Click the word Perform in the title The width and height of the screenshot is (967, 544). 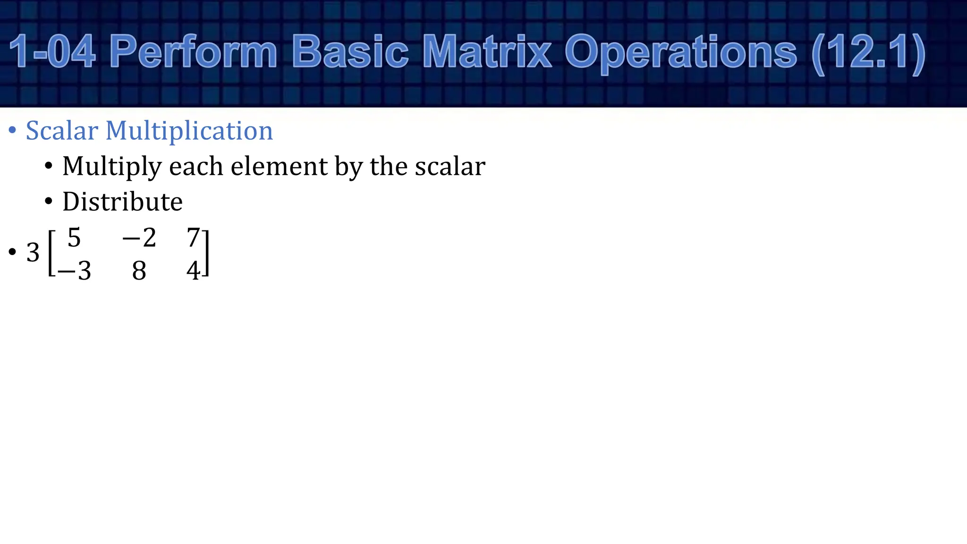click(x=193, y=52)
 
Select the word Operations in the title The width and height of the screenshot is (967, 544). click(x=680, y=52)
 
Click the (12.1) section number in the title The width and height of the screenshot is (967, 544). click(x=868, y=52)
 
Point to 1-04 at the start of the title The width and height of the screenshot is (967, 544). click(x=52, y=52)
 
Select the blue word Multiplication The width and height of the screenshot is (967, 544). click(x=189, y=131)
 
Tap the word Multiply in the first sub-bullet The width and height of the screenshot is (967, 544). click(x=112, y=167)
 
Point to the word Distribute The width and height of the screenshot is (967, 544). click(x=122, y=202)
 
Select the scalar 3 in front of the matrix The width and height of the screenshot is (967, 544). click(x=33, y=253)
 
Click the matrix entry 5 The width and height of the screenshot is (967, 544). click(x=74, y=237)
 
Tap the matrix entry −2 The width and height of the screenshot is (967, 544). click(x=139, y=237)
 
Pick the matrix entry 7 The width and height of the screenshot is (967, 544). click(x=193, y=237)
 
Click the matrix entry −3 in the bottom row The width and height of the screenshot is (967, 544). click(x=74, y=271)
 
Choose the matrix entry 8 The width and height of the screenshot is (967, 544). click(x=139, y=271)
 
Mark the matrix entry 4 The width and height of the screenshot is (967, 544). click(x=193, y=271)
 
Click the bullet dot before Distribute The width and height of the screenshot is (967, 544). click(x=49, y=202)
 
